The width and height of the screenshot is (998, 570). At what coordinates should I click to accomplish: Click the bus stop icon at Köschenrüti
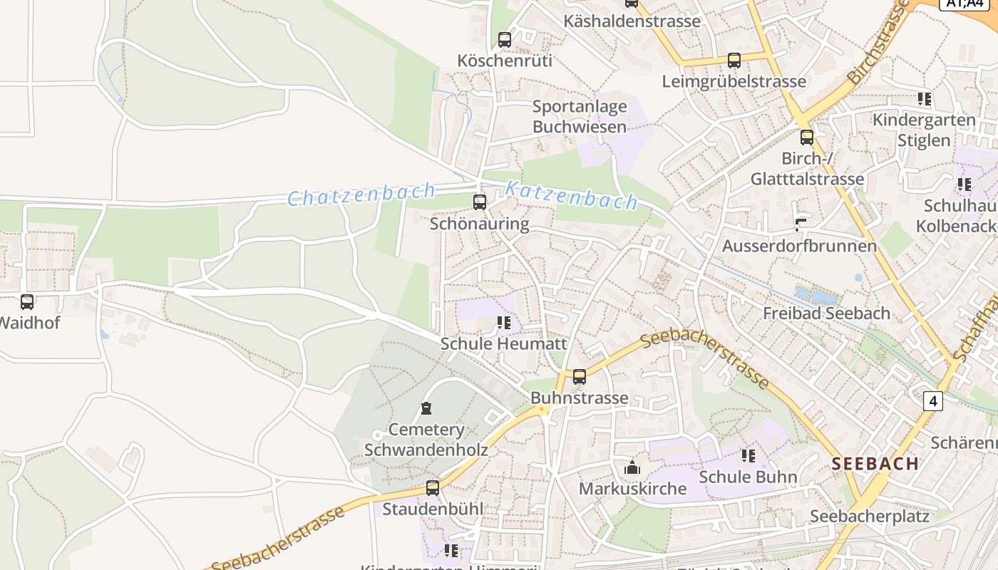tap(505, 40)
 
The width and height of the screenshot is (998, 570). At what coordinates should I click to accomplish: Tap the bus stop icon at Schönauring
tap(480, 202)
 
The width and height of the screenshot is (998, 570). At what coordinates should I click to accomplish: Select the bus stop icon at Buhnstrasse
tap(580, 376)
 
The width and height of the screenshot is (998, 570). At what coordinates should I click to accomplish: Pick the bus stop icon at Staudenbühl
tap(433, 488)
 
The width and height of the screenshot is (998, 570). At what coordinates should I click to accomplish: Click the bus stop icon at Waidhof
tap(27, 301)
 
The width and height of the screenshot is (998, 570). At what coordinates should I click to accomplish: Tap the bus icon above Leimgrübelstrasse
tap(734, 61)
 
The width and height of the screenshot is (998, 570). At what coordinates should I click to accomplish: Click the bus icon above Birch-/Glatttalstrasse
tap(807, 137)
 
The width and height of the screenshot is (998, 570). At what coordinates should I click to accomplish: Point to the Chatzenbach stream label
tap(361, 194)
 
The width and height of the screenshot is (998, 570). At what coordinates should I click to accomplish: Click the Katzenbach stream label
tap(571, 195)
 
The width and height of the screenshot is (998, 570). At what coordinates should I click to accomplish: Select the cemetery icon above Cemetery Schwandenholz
tap(426, 408)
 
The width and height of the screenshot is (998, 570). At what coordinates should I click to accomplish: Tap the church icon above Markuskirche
tap(632, 467)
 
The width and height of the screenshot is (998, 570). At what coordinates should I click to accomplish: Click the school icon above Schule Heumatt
tap(504, 323)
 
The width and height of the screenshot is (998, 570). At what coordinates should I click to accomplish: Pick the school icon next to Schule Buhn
tap(748, 455)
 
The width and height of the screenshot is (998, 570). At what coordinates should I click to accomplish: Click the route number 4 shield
tap(932, 401)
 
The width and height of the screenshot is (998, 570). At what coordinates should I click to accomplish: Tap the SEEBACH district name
tap(875, 463)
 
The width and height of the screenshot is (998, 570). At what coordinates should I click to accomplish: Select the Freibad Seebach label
tap(826, 313)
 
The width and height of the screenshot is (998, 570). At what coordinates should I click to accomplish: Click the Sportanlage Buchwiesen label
tap(580, 117)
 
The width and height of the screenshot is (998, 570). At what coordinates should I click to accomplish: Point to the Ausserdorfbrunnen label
tap(799, 246)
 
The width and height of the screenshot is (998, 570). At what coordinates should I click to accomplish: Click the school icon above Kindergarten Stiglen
tap(925, 98)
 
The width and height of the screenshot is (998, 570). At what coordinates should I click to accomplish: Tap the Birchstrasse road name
tap(878, 43)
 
